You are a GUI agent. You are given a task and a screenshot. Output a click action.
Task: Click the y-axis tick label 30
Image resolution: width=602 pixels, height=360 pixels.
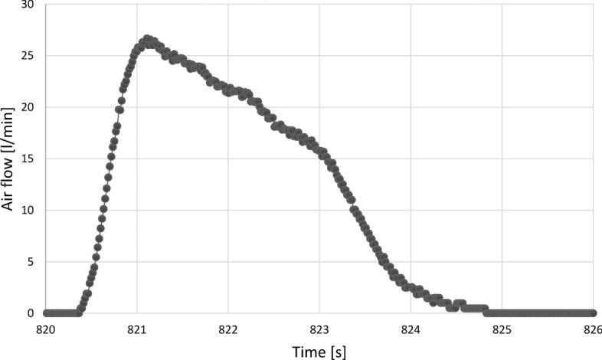point(28,5)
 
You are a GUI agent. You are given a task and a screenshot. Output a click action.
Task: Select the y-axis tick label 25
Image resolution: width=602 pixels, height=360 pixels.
point(28,56)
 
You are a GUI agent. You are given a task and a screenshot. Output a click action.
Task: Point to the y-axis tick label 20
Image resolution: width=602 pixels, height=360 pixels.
point(28,107)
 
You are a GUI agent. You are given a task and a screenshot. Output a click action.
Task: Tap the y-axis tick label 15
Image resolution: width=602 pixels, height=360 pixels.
point(28,159)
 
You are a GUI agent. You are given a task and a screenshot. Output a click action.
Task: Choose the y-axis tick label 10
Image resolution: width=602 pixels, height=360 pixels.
point(28,210)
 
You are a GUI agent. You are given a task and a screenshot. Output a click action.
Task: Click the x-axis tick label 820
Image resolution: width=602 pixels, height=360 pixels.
point(45,329)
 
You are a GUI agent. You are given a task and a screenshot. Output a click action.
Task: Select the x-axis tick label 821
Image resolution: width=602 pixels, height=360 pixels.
point(136,329)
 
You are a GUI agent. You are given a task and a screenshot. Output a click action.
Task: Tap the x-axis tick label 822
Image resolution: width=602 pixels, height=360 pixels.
point(228,329)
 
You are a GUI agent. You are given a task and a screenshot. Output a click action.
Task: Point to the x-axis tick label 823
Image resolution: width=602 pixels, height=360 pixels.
point(319,329)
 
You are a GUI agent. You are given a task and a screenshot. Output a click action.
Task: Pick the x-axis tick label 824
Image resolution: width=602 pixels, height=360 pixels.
point(411,329)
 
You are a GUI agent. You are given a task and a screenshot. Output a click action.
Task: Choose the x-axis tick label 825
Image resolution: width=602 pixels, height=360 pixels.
point(502,329)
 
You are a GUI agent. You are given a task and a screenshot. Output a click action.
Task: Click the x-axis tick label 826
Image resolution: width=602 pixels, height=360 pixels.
point(594,329)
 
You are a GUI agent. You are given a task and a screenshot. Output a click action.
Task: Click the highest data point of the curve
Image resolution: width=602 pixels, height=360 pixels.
point(147,38)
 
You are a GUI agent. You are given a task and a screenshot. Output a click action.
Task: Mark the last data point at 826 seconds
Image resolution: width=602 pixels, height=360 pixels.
point(594,313)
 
